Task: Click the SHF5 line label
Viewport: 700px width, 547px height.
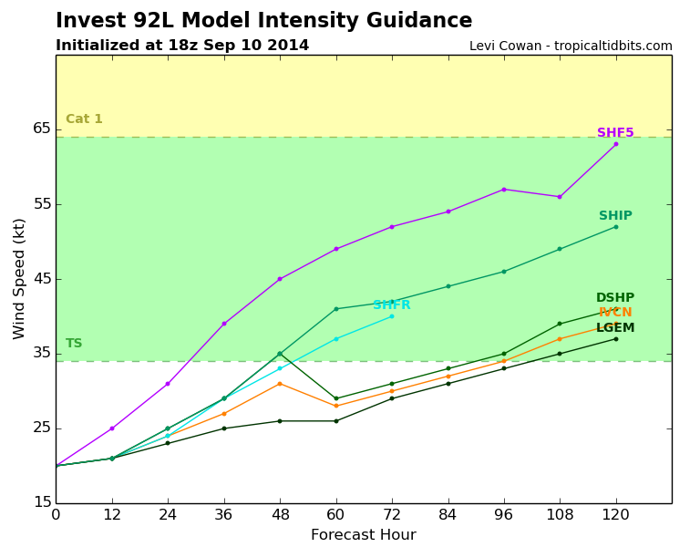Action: [x=615, y=132]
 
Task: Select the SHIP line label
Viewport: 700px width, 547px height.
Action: [x=615, y=216]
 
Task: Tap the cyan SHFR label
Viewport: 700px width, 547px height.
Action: [x=392, y=305]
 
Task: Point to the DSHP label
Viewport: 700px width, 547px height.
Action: [x=615, y=298]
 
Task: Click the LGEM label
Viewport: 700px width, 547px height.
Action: [x=615, y=328]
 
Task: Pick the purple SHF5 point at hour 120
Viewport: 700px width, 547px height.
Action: [x=616, y=144]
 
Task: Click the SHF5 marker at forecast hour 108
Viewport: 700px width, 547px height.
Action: [x=560, y=197]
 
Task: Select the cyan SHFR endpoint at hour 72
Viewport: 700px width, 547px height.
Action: [x=392, y=316]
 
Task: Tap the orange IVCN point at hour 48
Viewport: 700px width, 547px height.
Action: [x=280, y=384]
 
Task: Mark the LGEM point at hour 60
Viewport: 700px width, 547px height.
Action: [x=336, y=421]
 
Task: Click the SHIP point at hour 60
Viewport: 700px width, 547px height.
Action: [x=336, y=309]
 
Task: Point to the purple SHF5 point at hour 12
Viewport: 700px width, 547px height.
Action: [x=112, y=428]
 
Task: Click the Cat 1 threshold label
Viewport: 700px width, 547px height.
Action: [x=84, y=119]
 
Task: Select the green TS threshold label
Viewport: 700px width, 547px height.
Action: [x=74, y=344]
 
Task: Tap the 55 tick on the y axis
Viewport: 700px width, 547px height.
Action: [x=42, y=204]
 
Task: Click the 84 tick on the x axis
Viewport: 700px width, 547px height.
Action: [x=448, y=515]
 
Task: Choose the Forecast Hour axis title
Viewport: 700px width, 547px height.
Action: [x=364, y=534]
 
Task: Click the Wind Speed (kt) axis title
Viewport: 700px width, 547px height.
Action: [x=19, y=279]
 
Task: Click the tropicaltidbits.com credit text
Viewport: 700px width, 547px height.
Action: [x=612, y=46]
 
